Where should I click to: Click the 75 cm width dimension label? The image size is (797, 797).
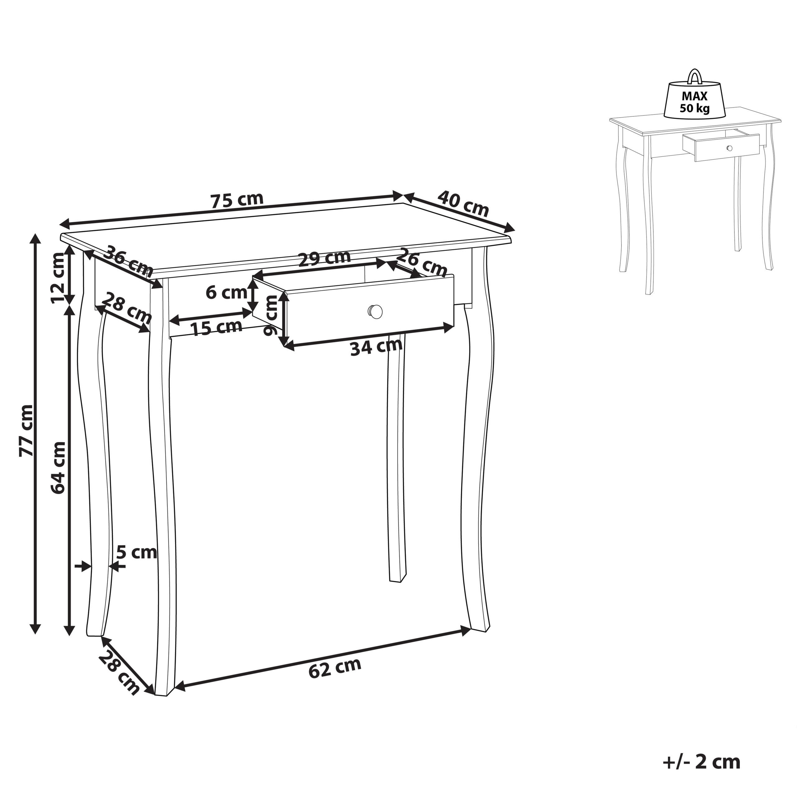[237, 200]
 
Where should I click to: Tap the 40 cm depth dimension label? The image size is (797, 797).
[463, 203]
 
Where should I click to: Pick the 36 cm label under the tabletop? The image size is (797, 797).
[128, 262]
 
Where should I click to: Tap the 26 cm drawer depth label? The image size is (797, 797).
[422, 263]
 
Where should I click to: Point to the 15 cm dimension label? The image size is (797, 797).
[216, 328]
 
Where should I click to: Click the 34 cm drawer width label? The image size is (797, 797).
[376, 347]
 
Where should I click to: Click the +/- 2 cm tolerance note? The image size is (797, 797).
[702, 751]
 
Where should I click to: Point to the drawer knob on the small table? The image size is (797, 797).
[729, 148]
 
